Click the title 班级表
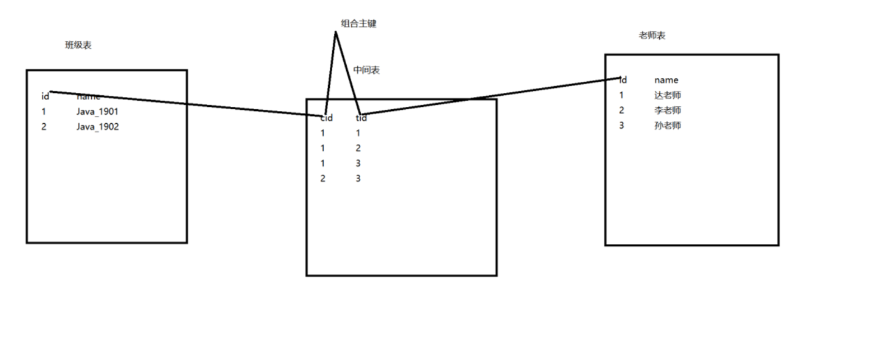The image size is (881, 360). tap(78, 45)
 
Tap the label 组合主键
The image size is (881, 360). tap(358, 24)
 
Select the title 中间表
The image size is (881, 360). tap(366, 70)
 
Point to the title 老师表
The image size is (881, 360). tap(652, 35)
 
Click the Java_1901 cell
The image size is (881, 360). tap(97, 111)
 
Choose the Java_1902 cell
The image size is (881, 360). tap(97, 127)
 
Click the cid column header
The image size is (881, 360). tap(327, 118)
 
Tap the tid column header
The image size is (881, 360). tap(361, 118)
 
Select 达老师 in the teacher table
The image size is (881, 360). tap(668, 95)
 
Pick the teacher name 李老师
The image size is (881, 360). tap(668, 110)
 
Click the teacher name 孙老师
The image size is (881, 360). tap(668, 125)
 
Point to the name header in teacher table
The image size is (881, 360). tap(666, 80)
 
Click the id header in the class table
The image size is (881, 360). tap(45, 96)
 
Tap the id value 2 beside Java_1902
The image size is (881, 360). tap(44, 127)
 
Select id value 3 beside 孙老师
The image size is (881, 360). tap(621, 125)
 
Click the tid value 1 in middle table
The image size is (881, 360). tap(358, 133)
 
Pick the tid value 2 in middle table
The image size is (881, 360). tap(358, 148)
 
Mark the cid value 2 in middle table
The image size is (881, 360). tap(323, 179)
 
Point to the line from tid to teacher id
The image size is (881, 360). tap(493, 96)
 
